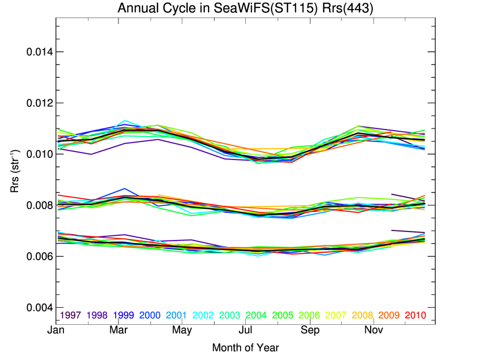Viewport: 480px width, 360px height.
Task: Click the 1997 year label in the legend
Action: coord(70,315)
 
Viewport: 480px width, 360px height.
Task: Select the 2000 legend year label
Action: coord(150,315)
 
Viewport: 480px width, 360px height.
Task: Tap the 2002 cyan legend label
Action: coord(203,315)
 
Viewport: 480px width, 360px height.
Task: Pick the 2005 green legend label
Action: coord(283,315)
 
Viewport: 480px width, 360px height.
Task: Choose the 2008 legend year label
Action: coord(362,315)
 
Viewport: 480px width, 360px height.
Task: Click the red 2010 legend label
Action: coord(415,315)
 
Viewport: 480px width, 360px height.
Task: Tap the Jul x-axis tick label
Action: coord(246,331)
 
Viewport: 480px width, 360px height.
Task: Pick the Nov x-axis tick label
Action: coord(373,331)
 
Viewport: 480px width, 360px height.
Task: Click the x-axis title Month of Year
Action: coord(245,348)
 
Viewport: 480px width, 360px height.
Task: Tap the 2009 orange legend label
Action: coord(389,315)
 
